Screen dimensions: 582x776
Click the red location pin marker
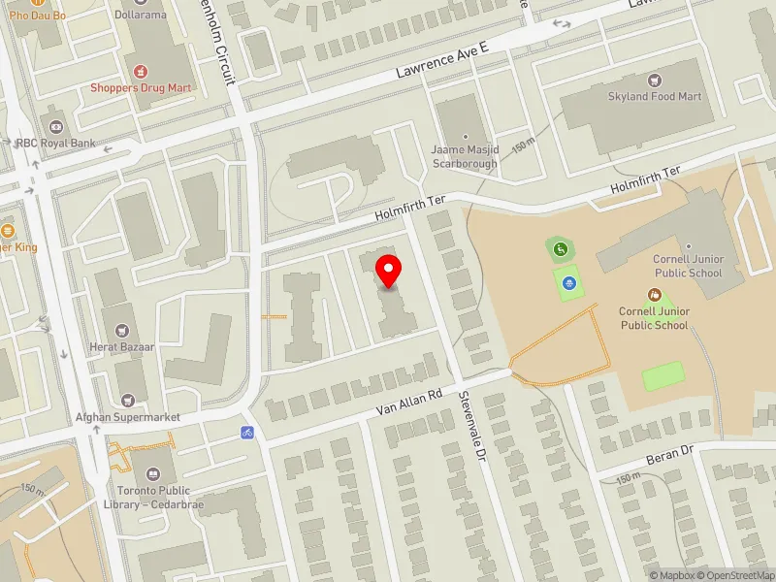[389, 271]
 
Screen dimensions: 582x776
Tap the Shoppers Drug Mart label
[141, 87]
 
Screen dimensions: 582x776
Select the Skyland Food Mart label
[655, 97]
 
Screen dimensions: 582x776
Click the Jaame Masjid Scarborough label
[465, 156]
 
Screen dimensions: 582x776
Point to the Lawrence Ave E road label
[441, 60]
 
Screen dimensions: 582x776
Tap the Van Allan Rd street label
[409, 404]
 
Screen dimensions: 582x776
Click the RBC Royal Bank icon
[56, 127]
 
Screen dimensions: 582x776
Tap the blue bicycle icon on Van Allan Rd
[247, 431]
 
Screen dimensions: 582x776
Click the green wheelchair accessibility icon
[561, 250]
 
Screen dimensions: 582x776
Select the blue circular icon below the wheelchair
[570, 283]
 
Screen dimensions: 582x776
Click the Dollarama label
[141, 16]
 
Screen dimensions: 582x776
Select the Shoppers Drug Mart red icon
[141, 71]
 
